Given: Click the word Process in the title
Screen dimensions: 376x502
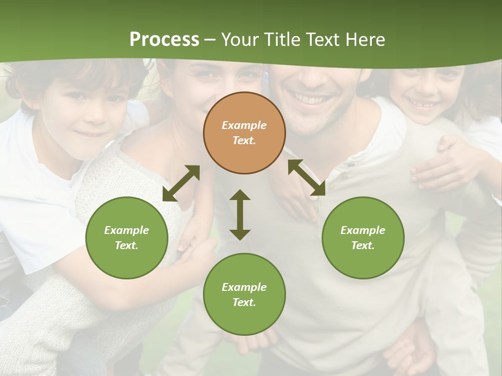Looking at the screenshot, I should click(164, 40).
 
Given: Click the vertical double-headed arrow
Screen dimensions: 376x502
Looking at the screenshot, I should click(240, 215).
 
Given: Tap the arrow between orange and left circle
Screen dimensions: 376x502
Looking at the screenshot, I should click(181, 183).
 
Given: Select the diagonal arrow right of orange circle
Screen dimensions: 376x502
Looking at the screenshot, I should click(306, 178).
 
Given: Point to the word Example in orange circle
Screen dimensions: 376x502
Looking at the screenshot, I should click(244, 125).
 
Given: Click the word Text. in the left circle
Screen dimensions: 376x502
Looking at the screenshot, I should click(127, 245).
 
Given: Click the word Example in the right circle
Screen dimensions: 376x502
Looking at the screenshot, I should click(363, 230).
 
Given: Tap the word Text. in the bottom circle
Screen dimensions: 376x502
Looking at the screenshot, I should click(244, 302).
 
